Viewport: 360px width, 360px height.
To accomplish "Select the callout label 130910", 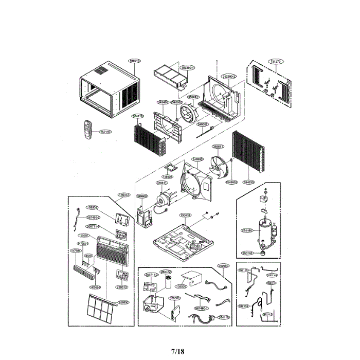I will click(x=135, y=61).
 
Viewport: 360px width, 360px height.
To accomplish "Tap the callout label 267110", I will click(x=105, y=132).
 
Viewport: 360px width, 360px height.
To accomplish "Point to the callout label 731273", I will click(x=275, y=62).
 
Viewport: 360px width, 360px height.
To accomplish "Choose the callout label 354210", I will click(x=137, y=116).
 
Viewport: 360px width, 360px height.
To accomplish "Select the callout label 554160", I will click(x=247, y=231).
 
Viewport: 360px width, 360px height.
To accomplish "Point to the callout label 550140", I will click(x=247, y=253).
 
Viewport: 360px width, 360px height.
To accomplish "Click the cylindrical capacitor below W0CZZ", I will click(x=168, y=285).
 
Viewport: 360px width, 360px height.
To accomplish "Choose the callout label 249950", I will click(x=223, y=266).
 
